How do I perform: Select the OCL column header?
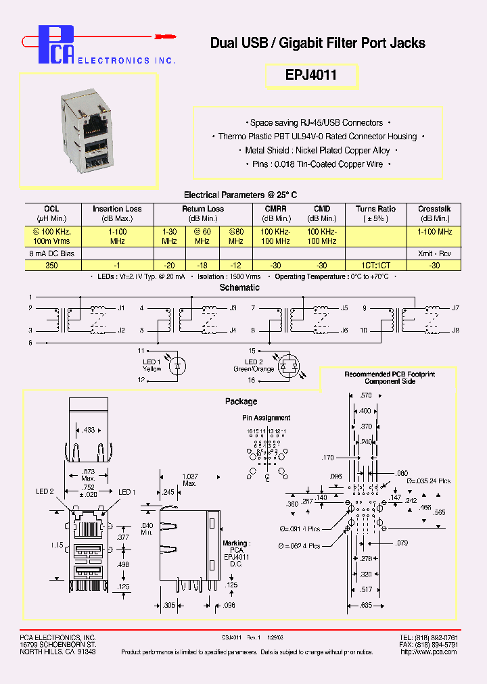click(x=52, y=209)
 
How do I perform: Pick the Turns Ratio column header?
click(x=375, y=209)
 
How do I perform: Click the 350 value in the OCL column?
click(x=52, y=266)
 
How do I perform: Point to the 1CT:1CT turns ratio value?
click(x=375, y=266)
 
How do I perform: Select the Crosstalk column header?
click(x=434, y=209)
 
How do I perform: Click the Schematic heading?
click(x=239, y=287)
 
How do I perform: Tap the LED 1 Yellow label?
click(x=152, y=366)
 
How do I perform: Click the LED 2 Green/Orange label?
click(x=254, y=366)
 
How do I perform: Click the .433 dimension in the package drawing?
click(x=89, y=430)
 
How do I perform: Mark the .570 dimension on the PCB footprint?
click(x=366, y=395)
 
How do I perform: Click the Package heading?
click(x=241, y=401)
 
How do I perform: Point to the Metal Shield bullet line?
click(x=318, y=151)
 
